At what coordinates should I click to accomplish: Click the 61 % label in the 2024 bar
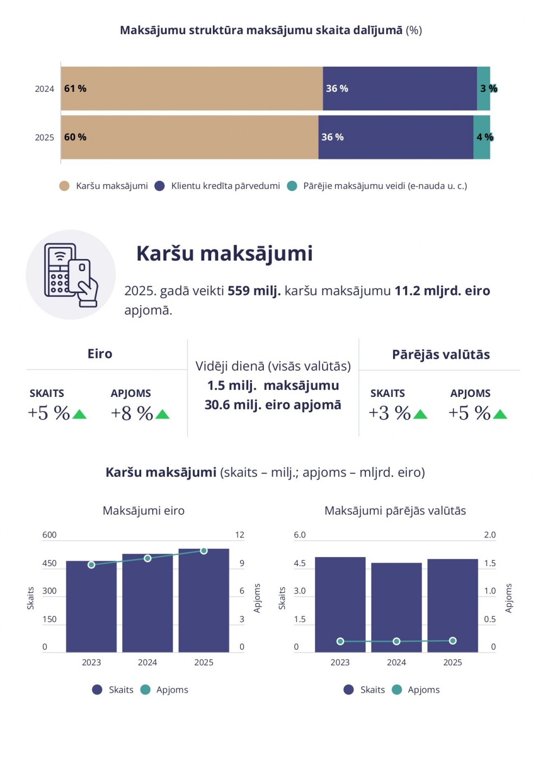[75, 88]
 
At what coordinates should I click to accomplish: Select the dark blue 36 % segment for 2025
[395, 137]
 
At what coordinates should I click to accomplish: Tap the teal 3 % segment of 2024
[483, 88]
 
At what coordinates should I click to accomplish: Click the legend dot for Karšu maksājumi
[64, 186]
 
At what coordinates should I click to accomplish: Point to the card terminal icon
[71, 275]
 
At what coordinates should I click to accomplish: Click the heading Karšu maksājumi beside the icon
[224, 254]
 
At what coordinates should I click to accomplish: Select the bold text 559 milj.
[254, 291]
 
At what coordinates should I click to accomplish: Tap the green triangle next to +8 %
[162, 415]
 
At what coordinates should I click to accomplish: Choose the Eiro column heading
[100, 354]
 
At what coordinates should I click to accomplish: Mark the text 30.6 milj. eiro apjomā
[273, 405]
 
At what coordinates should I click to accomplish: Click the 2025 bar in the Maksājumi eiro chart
[204, 603]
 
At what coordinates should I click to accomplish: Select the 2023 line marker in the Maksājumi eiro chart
[91, 565]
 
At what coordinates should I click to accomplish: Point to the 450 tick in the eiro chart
[49, 563]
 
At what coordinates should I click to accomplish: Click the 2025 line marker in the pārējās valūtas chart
[453, 641]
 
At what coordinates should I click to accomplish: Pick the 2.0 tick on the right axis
[490, 535]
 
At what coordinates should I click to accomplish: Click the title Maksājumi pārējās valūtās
[395, 511]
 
